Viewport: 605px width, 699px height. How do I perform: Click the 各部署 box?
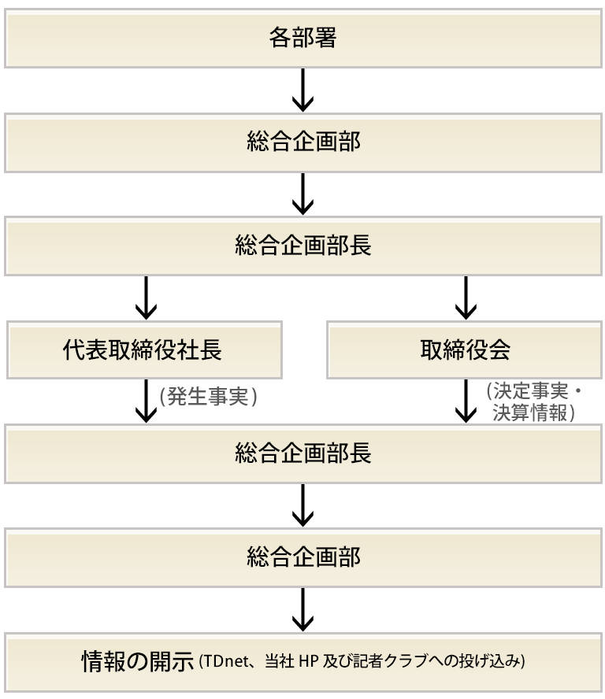pyautogui.click(x=302, y=39)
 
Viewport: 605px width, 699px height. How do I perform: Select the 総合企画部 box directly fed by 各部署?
pyautogui.click(x=302, y=142)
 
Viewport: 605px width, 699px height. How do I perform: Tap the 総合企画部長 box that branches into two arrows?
pyautogui.click(x=302, y=246)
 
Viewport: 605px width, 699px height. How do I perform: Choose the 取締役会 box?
pyautogui.click(x=465, y=350)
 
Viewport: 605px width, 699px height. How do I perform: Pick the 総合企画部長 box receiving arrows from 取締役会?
pyautogui.click(x=302, y=454)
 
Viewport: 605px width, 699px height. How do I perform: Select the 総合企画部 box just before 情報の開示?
pyautogui.click(x=302, y=558)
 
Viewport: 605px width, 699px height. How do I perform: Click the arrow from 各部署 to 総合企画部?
pyautogui.click(x=302, y=91)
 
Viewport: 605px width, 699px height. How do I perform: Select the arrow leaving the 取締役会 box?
pyautogui.click(x=466, y=402)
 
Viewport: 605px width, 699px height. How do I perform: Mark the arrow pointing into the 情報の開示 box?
pyautogui.click(x=302, y=611)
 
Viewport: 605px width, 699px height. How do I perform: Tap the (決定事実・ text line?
pyautogui.click(x=533, y=391)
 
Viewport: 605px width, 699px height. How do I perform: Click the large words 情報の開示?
pyautogui.click(x=138, y=661)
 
